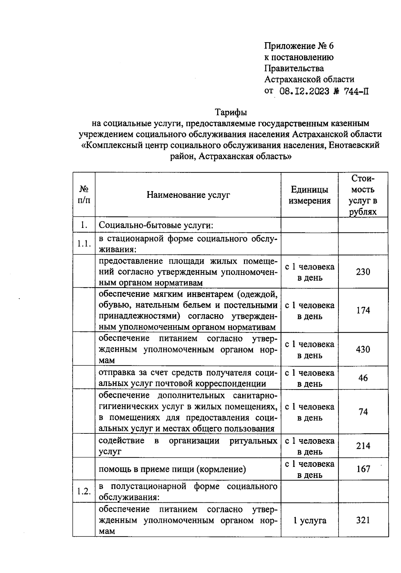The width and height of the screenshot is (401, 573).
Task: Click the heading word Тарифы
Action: click(231, 112)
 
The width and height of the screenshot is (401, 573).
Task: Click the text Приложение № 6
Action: click(299, 46)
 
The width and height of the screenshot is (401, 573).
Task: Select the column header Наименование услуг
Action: click(188, 195)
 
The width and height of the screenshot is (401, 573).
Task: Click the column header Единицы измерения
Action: click(309, 195)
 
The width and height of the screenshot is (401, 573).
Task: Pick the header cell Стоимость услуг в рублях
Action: click(363, 195)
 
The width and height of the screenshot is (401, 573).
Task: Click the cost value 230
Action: click(363, 272)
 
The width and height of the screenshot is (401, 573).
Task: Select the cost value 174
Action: click(363, 310)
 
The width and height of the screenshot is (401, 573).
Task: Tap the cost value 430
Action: click(363, 349)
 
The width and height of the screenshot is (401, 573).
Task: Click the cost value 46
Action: click(363, 378)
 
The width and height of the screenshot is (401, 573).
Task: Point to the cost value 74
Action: click(363, 412)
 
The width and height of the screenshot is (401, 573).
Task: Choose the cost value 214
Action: click(363, 446)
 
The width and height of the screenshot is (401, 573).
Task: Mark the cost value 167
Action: click(363, 469)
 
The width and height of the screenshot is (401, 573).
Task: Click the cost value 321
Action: click(363, 520)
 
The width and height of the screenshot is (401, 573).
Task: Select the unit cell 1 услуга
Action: click(309, 520)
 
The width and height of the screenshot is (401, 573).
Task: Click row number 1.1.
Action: click(84, 244)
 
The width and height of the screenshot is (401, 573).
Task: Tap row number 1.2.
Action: click(84, 491)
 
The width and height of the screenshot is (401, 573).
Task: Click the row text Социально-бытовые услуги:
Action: click(156, 225)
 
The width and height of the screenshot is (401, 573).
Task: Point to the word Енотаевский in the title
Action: click(354, 145)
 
